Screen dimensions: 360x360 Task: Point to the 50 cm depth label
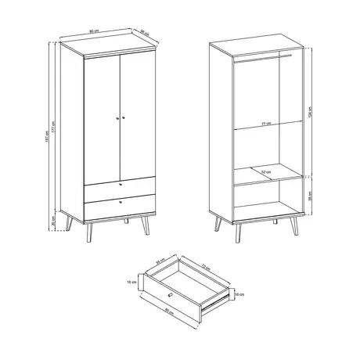145,33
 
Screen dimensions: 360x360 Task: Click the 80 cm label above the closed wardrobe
94,32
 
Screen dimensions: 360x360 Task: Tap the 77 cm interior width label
265,124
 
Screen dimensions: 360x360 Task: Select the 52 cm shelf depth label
266,171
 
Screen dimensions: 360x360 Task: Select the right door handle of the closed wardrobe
123,117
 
